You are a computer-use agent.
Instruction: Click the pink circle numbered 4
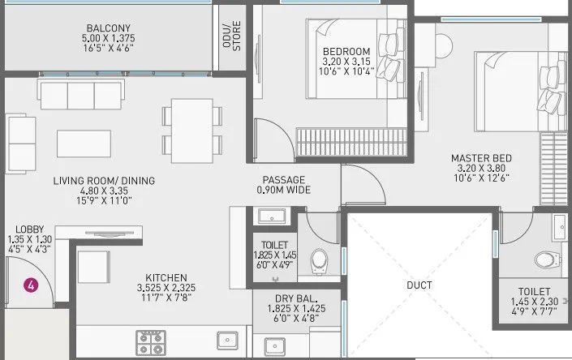click(30, 285)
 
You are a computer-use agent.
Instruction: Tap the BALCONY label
click(106, 26)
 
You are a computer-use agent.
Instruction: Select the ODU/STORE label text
click(232, 36)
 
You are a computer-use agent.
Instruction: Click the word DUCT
click(420, 285)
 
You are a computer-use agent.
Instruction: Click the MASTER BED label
click(482, 158)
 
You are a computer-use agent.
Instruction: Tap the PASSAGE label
click(283, 179)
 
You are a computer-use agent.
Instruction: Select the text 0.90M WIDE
click(283, 190)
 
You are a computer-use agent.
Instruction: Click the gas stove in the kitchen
click(151, 340)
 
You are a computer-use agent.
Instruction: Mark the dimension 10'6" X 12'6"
click(482, 179)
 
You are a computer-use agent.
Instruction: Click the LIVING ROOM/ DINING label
click(105, 180)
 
